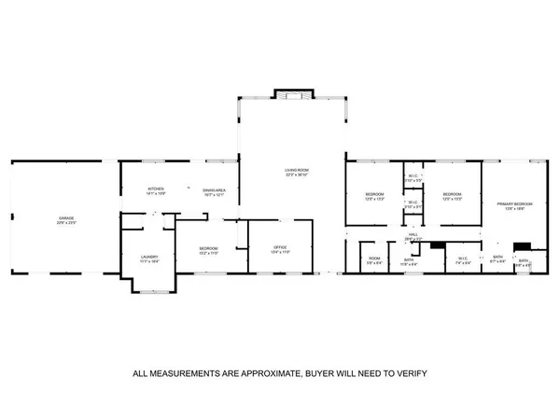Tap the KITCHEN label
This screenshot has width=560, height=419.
point(155,189)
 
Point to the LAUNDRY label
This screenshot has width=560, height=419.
point(149,257)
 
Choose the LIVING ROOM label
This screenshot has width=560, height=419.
point(297,170)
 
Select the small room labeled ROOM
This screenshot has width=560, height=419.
point(374,258)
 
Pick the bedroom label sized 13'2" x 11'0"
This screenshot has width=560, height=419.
point(208,253)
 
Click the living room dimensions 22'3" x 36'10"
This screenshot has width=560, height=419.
point(297,175)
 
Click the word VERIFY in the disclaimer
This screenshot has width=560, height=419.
point(409,373)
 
